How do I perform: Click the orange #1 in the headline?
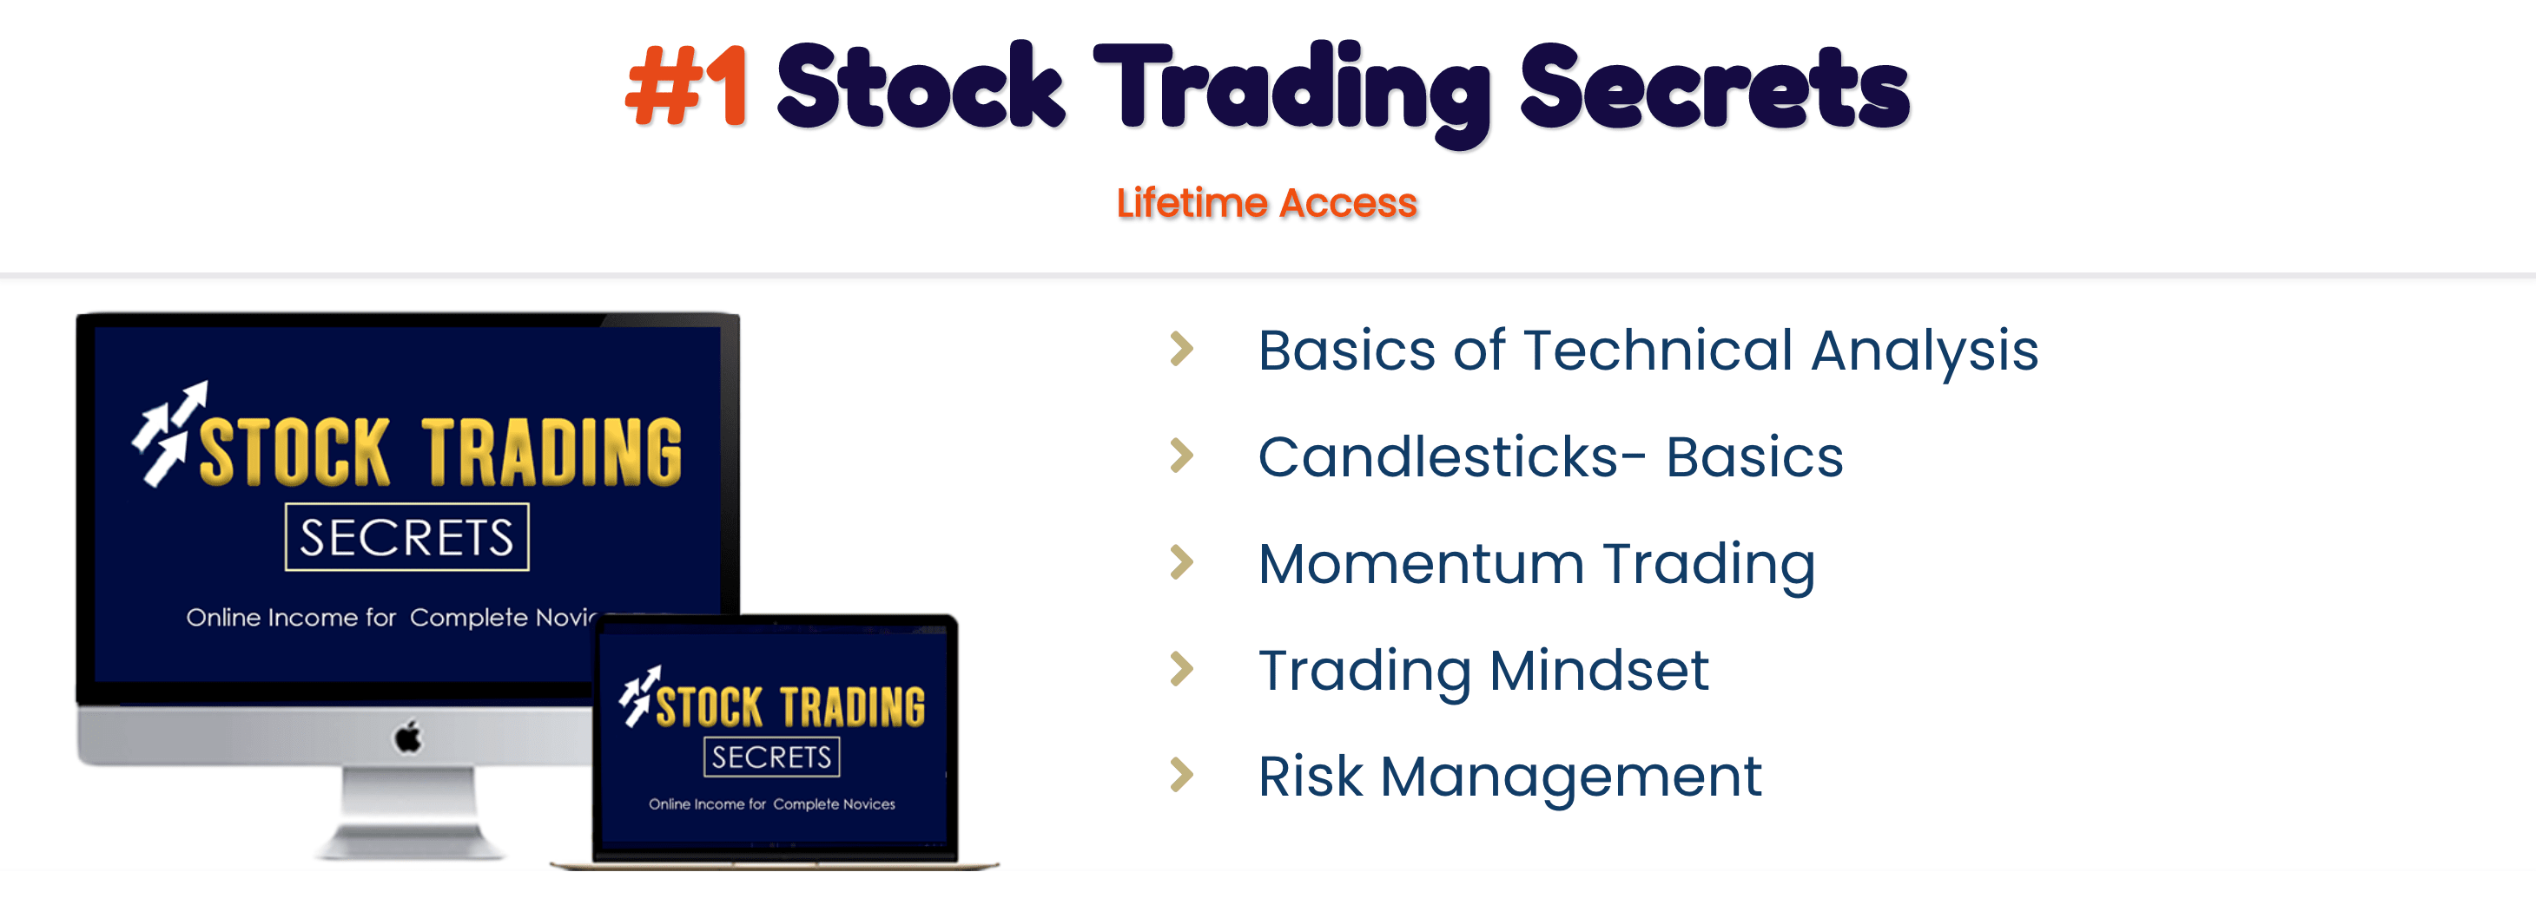tap(686, 87)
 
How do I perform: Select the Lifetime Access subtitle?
tap(1267, 203)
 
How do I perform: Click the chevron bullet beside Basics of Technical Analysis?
tap(1181, 350)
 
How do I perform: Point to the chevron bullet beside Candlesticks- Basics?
tap(1181, 456)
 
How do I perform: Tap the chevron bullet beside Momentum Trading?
tap(1181, 562)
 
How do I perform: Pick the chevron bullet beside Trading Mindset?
tap(1181, 669)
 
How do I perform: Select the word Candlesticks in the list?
tap(1438, 456)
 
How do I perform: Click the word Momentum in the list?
tap(1421, 564)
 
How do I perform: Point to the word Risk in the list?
tap(1311, 777)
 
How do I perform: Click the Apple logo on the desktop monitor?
tap(407, 736)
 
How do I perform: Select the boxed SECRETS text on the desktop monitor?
tap(406, 537)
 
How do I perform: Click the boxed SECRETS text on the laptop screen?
tap(772, 757)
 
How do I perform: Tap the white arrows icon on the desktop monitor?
tap(169, 433)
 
